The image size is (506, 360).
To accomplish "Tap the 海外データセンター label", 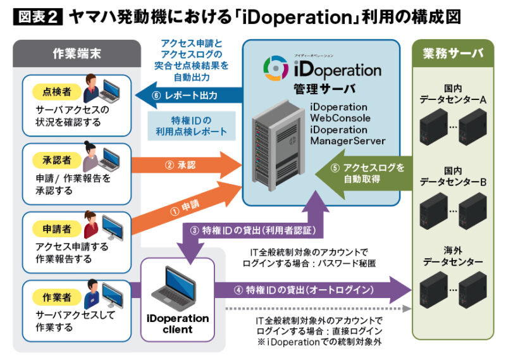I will coord(453,257).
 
